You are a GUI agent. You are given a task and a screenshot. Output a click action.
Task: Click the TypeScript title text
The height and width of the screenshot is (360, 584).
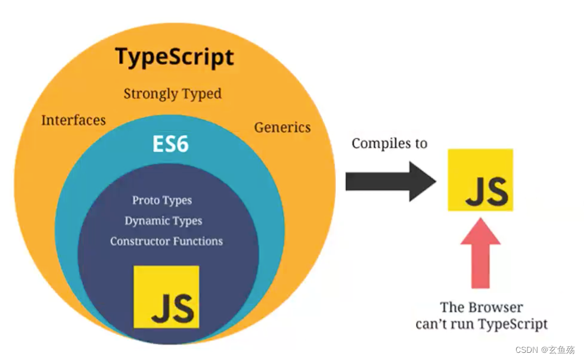pos(174,58)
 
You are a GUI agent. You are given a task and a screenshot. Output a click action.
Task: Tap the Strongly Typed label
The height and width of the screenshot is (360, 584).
pos(172,94)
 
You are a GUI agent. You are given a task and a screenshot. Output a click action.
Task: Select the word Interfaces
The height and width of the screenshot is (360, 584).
pos(73,120)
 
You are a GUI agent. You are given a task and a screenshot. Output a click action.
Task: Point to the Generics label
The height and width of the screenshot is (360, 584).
pos(282,127)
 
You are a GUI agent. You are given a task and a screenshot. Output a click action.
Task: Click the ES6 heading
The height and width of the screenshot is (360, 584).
pos(170,144)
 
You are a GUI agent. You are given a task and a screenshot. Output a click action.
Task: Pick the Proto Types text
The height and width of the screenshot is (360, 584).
pos(162,200)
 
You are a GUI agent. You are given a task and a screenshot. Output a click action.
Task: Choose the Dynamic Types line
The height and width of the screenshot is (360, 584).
pos(163,221)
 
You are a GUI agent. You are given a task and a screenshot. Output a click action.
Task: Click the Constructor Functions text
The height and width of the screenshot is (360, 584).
pos(166,241)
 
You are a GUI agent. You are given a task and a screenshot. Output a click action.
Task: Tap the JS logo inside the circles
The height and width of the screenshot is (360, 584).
pos(166,297)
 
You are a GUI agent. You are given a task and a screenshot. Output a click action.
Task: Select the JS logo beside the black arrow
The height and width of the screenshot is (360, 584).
pos(480,180)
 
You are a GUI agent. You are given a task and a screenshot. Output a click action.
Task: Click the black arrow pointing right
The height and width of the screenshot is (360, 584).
pos(390,181)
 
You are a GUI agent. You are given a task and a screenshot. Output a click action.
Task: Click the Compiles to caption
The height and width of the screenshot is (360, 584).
pos(389,144)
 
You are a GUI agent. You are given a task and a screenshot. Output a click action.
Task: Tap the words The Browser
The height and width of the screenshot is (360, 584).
pos(482,308)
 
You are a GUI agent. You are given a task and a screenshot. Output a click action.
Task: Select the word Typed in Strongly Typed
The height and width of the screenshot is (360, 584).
pos(202,94)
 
